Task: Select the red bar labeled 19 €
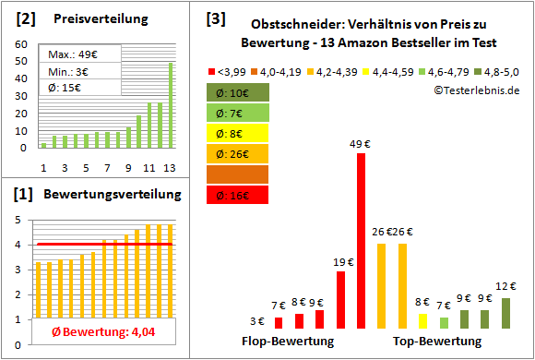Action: (x=340, y=300)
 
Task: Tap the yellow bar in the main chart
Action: (x=422, y=320)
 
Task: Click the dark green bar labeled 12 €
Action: (x=505, y=313)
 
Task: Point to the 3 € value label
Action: (x=257, y=321)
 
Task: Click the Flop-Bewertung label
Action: (x=288, y=342)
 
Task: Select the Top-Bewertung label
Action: (x=437, y=342)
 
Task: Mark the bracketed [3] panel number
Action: (x=216, y=18)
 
